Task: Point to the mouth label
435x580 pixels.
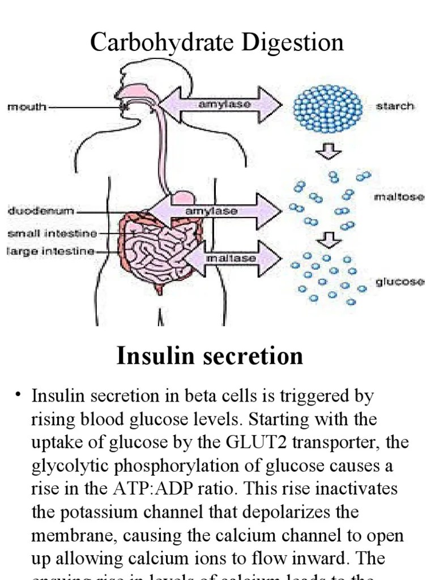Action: point(27,106)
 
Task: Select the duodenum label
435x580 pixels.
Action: point(41,211)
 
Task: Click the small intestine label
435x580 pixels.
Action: point(52,233)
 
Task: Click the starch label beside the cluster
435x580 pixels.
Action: point(395,106)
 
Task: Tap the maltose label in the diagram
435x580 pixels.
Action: point(399,197)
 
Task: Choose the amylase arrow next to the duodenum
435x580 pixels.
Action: point(215,211)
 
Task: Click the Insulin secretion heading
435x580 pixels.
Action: point(210,356)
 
